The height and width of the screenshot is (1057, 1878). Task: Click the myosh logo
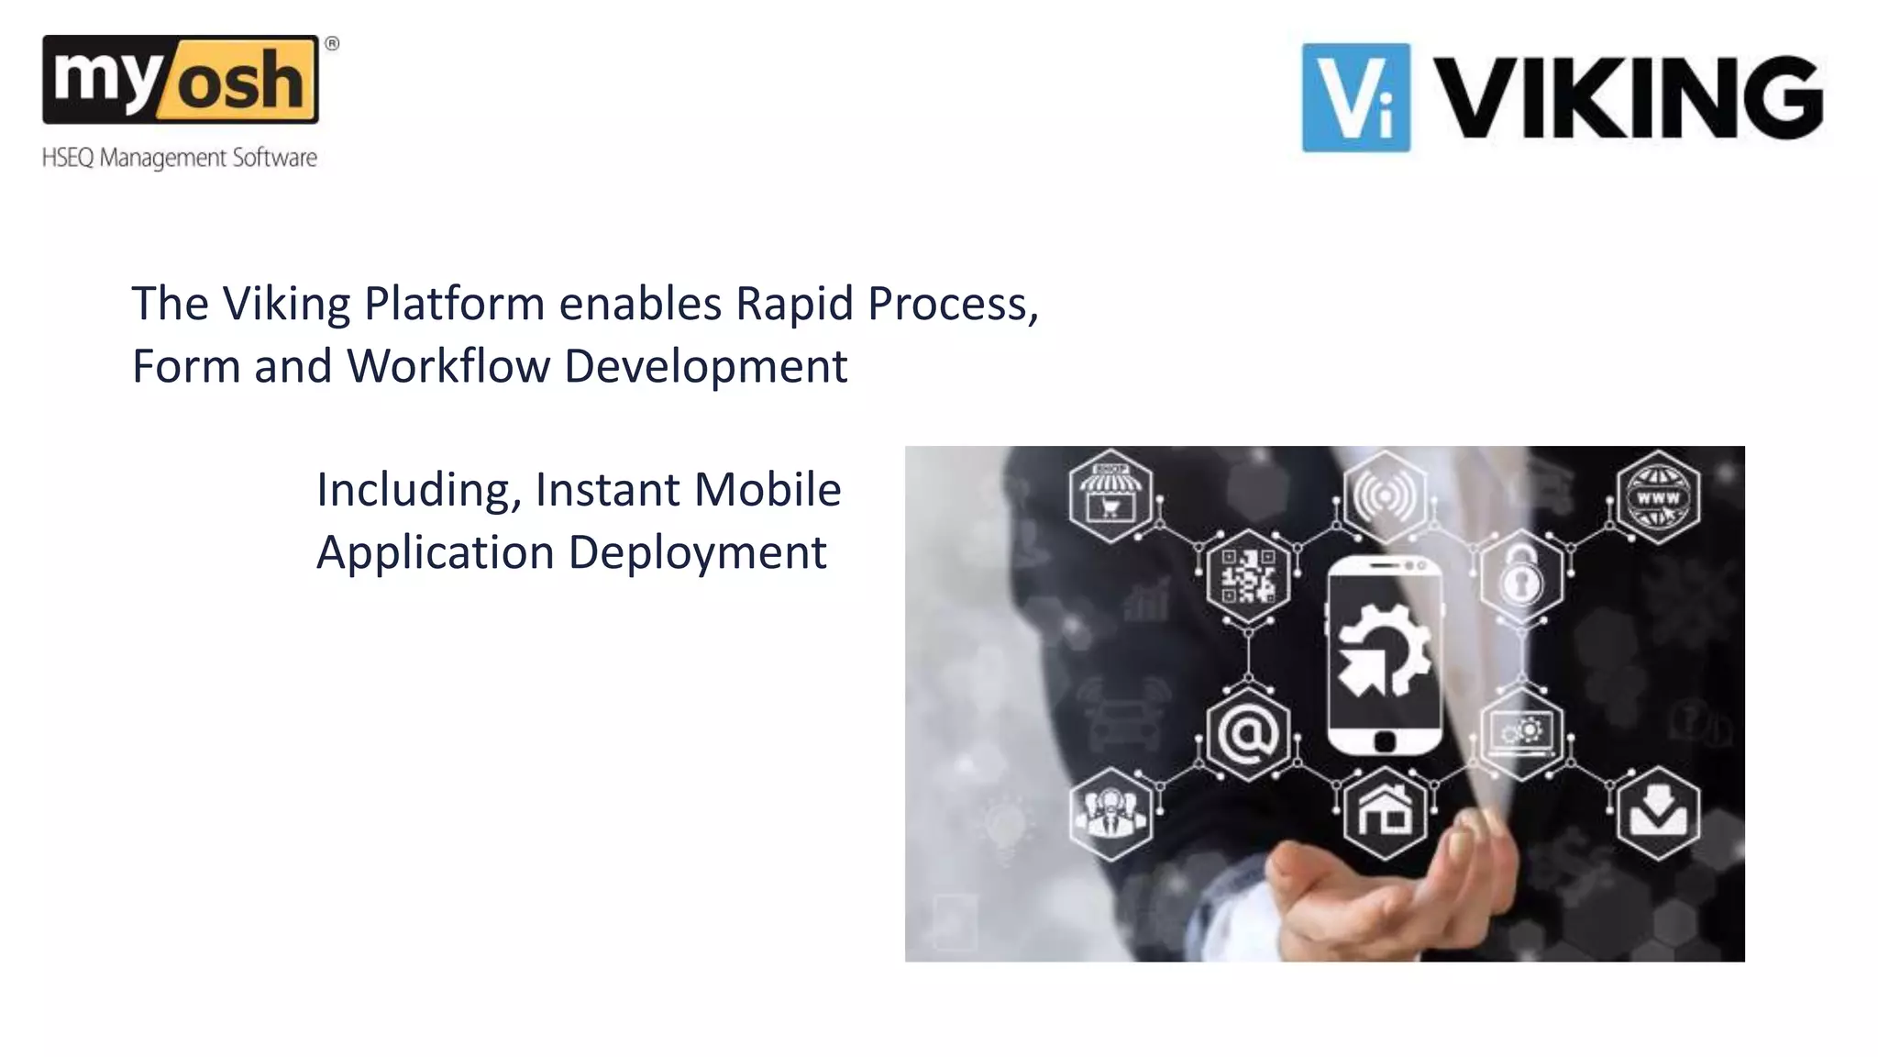pos(181,80)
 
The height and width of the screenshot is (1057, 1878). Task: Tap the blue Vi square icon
pos(1355,97)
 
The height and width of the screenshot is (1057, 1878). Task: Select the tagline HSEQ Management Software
pos(180,158)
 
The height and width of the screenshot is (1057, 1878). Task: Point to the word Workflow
pos(448,366)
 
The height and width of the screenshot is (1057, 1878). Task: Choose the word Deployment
pos(697,552)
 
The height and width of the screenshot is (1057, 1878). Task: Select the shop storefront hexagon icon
pos(1110,496)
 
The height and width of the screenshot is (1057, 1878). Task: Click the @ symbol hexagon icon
pos(1248,733)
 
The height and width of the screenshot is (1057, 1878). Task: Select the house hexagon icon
pos(1385,812)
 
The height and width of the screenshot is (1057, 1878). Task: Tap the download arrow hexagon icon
pos(1658,812)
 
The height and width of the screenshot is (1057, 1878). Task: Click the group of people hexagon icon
pos(1110,812)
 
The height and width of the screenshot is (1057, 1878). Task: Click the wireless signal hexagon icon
pos(1385,496)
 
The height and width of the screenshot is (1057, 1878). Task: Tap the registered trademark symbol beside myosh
pos(332,43)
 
